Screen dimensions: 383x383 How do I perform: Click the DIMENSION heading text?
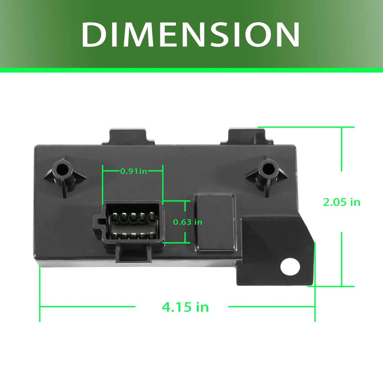click(191, 34)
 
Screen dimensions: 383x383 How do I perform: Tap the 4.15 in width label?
click(185, 307)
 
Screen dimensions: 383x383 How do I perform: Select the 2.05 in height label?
click(342, 202)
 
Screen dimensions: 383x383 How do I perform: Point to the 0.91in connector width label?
click(134, 171)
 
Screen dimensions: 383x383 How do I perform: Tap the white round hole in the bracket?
click(290, 266)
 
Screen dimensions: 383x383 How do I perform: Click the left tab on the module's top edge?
click(128, 137)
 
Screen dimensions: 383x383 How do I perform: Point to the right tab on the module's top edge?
click(246, 137)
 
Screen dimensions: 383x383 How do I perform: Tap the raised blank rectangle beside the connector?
click(215, 223)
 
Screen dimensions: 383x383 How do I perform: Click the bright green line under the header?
click(191, 70)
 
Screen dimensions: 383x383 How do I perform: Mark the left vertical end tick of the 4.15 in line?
click(40, 294)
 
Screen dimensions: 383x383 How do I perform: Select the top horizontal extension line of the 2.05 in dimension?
click(306, 127)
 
